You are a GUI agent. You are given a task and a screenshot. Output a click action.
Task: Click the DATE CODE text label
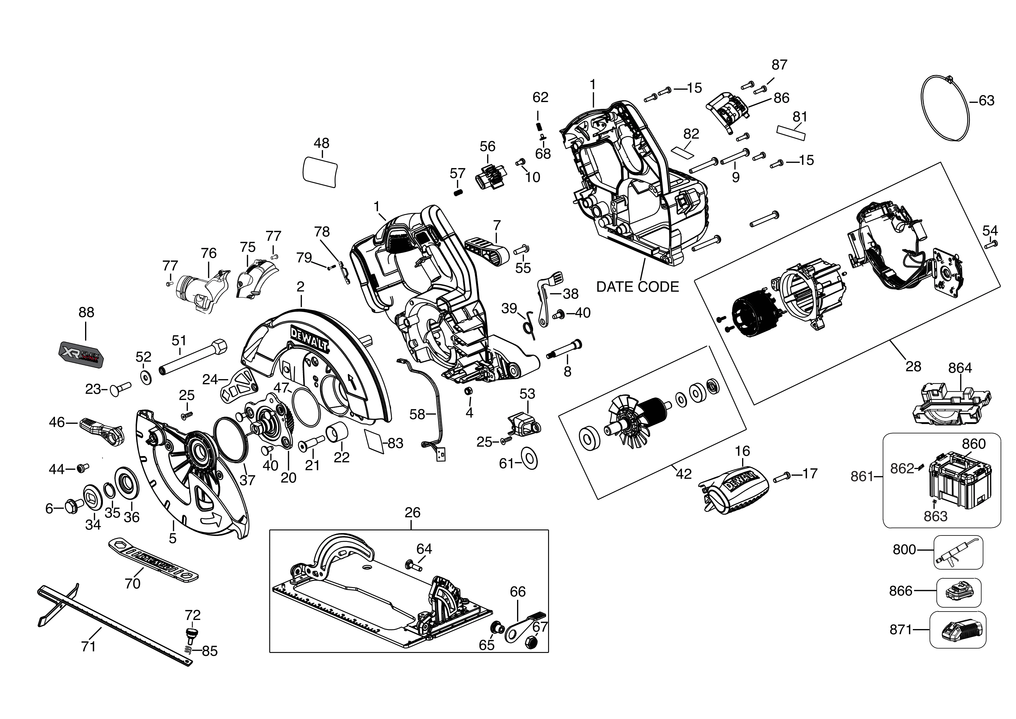[x=637, y=287]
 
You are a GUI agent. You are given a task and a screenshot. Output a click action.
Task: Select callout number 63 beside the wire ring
[x=986, y=101]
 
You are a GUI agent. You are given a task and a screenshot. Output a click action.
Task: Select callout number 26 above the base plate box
[x=412, y=513]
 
